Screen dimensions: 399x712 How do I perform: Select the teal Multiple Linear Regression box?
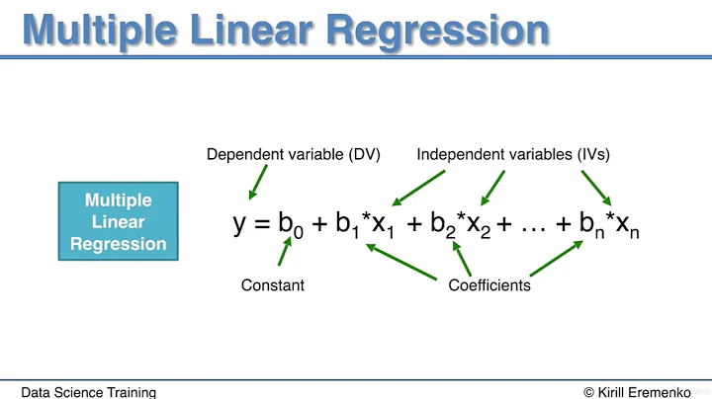click(118, 221)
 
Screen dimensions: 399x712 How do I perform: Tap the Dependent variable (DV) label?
click(294, 154)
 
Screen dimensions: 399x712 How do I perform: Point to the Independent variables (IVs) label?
click(513, 154)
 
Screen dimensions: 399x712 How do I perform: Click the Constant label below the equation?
click(272, 285)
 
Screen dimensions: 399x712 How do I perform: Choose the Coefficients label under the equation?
click(489, 285)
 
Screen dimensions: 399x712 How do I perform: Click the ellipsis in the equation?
click(535, 225)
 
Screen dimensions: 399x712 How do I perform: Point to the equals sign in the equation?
click(262, 224)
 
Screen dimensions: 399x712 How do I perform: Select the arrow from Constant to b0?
click(284, 253)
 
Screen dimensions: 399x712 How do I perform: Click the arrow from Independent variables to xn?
click(596, 187)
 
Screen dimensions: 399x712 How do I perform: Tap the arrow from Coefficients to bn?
click(555, 259)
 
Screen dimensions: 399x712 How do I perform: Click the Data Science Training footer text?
click(89, 392)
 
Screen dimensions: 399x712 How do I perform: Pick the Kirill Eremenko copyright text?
click(637, 392)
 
